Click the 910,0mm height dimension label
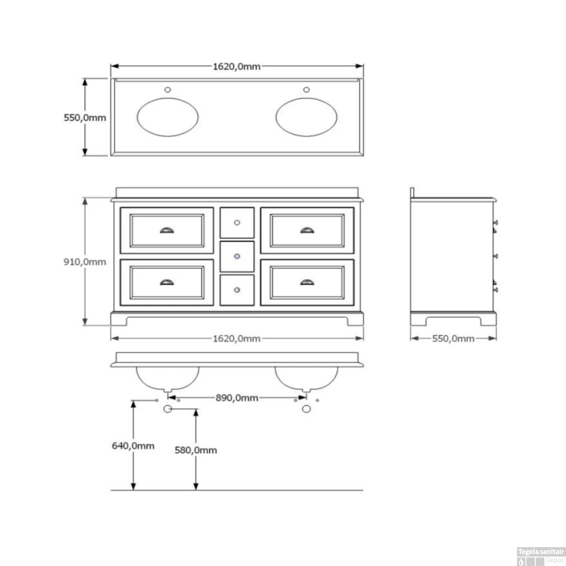[85, 262]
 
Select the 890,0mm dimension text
[237, 398]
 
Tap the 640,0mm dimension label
[133, 446]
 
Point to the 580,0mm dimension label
[196, 450]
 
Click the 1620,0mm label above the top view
[237, 66]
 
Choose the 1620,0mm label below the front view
[237, 338]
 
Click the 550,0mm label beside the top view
[85, 118]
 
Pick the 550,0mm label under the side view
[453, 338]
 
